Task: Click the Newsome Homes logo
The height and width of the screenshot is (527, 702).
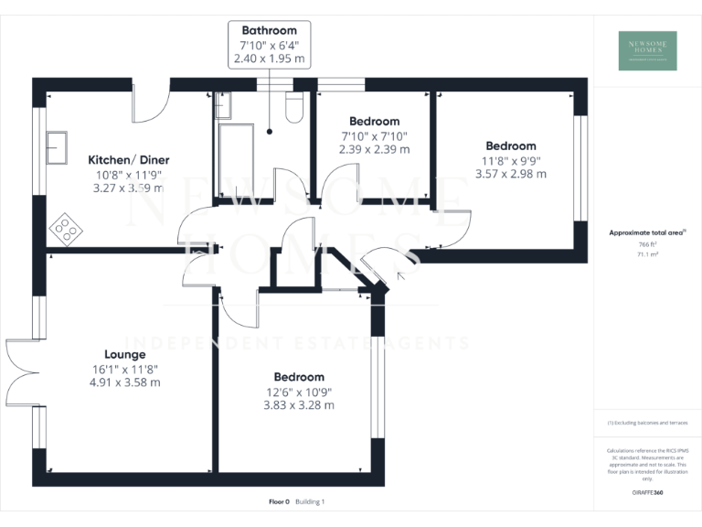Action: tap(648, 50)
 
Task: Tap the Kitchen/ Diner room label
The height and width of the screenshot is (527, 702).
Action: tap(129, 160)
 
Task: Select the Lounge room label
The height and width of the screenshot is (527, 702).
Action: tap(124, 354)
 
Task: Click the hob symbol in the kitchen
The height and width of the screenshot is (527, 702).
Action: tap(66, 225)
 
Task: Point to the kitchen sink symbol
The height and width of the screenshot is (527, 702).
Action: tap(57, 145)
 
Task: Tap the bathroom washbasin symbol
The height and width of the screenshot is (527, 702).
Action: tap(223, 105)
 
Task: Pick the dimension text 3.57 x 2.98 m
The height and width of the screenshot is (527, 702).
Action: tap(511, 174)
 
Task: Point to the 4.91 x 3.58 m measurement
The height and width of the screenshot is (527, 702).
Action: tap(126, 382)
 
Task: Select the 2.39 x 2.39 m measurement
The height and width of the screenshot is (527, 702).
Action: tap(375, 149)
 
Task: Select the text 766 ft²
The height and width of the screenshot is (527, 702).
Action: tap(647, 245)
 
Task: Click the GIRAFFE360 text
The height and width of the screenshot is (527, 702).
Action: tap(648, 493)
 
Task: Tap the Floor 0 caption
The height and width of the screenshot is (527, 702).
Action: tap(279, 501)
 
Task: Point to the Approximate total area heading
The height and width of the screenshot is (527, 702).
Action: tap(646, 232)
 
